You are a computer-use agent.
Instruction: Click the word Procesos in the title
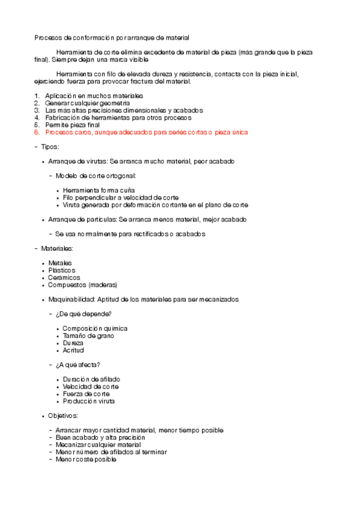pyautogui.click(x=47, y=37)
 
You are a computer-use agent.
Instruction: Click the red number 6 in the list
pyautogui.click(x=37, y=132)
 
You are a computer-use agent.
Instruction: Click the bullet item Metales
pyautogui.click(x=59, y=263)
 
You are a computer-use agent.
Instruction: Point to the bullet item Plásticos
pyautogui.click(x=61, y=270)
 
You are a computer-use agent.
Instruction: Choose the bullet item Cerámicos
pyautogui.click(x=64, y=277)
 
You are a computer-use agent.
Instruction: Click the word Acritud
pyautogui.click(x=73, y=350)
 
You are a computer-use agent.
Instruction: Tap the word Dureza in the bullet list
pyautogui.click(x=73, y=343)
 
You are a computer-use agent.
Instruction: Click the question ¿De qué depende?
pyautogui.click(x=84, y=314)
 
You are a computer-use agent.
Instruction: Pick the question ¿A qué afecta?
pyautogui.click(x=78, y=364)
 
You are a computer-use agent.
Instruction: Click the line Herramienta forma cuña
pyautogui.click(x=99, y=190)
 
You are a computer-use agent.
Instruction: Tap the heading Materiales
pyautogui.click(x=57, y=248)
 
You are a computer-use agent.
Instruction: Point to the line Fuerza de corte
pyautogui.click(x=86, y=394)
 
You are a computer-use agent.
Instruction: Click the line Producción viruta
pyautogui.click(x=88, y=401)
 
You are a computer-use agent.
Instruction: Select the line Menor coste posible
pyautogui.click(x=86, y=459)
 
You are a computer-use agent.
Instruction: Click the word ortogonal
pyautogui.click(x=120, y=176)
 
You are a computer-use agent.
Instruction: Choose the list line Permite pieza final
pyautogui.click(x=73, y=124)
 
